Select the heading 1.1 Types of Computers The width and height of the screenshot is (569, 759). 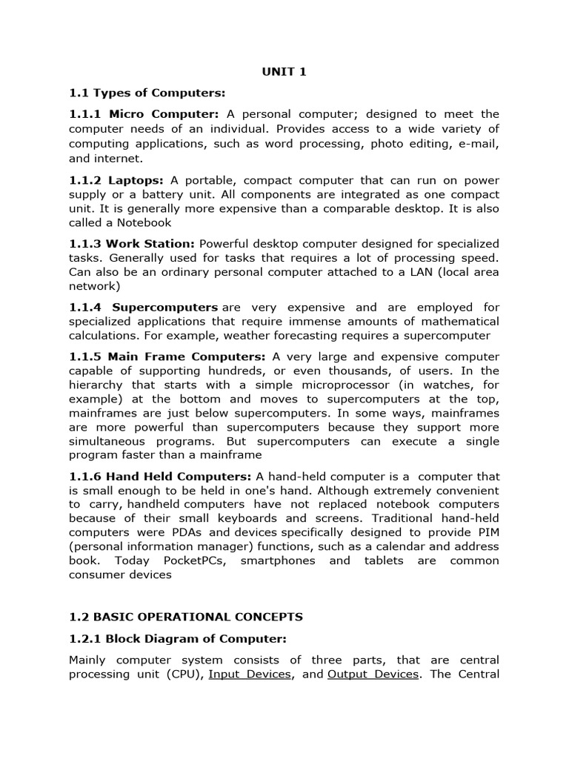point(147,93)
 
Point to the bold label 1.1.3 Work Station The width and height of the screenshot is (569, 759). point(132,244)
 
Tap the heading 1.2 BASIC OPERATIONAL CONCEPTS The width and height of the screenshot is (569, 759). point(185,617)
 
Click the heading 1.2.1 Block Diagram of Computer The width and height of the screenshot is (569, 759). point(177,638)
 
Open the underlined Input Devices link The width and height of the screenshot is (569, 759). point(250,675)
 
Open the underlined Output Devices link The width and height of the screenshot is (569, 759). point(373,675)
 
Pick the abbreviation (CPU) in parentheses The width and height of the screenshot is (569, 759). point(184,675)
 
